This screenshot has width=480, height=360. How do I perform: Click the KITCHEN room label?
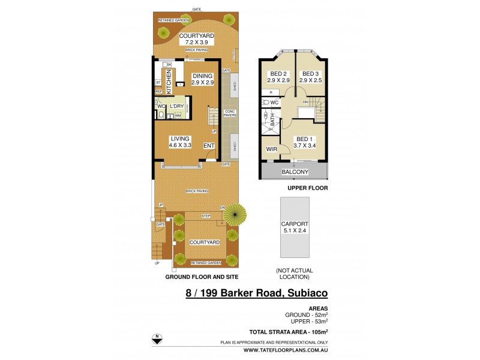pyautogui.click(x=169, y=79)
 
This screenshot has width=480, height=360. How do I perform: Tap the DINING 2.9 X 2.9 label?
pyautogui.click(x=203, y=79)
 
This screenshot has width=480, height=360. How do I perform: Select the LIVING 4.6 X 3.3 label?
pyautogui.click(x=180, y=142)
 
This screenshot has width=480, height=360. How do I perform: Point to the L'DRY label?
pyautogui.click(x=176, y=106)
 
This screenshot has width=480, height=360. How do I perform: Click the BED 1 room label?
pyautogui.click(x=304, y=142)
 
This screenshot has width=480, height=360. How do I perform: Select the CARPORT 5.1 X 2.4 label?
pyautogui.click(x=294, y=229)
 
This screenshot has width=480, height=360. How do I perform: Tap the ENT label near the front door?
pyautogui.click(x=209, y=145)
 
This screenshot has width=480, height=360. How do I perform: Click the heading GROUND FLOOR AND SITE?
pyautogui.click(x=202, y=277)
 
